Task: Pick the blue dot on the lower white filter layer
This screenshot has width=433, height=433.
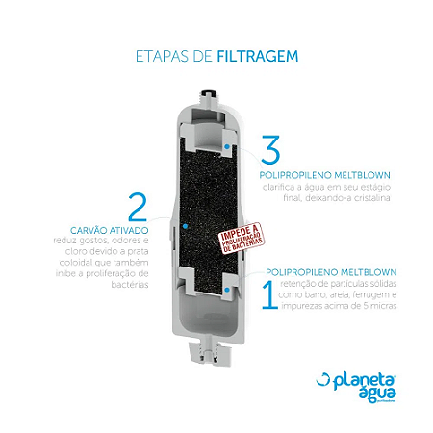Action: click(225, 287)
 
